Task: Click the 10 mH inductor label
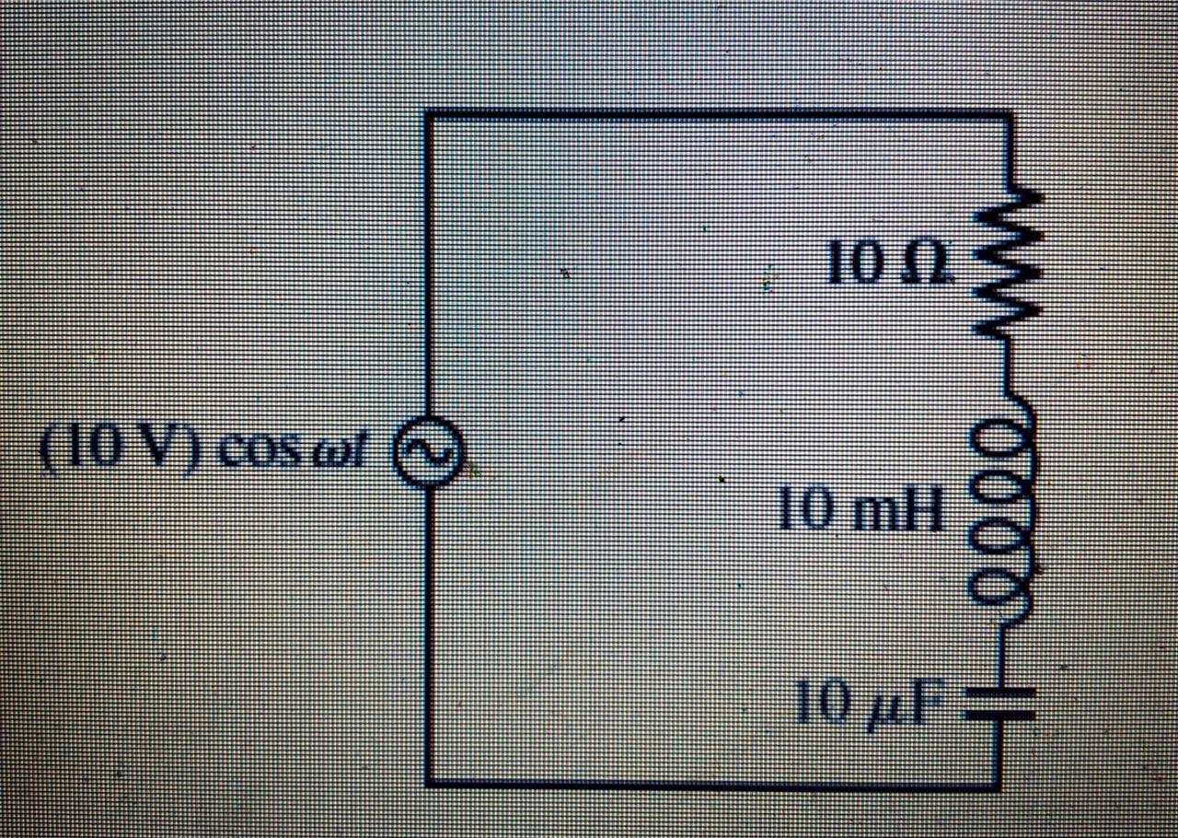860,512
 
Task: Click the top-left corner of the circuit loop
427,114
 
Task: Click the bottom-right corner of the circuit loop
999,785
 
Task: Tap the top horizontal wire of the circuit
718,114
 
